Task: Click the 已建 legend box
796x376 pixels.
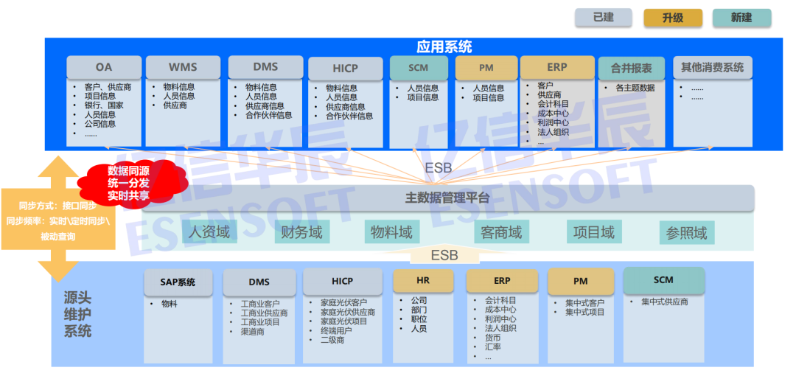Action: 604,18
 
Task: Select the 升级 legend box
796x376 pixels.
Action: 673,18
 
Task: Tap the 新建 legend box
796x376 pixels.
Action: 741,18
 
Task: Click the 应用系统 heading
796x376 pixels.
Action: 444,47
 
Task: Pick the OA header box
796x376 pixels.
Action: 103,67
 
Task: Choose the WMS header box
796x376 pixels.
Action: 183,67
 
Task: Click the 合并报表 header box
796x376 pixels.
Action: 632,68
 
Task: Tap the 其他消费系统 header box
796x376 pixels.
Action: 712,67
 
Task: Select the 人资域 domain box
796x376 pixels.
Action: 209,232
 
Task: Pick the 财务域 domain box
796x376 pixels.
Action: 302,232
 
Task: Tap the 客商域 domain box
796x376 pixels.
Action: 501,232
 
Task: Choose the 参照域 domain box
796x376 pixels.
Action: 686,233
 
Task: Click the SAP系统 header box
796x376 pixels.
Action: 178,282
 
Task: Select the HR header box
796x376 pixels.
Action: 422,280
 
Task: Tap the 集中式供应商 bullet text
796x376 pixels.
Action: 664,302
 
